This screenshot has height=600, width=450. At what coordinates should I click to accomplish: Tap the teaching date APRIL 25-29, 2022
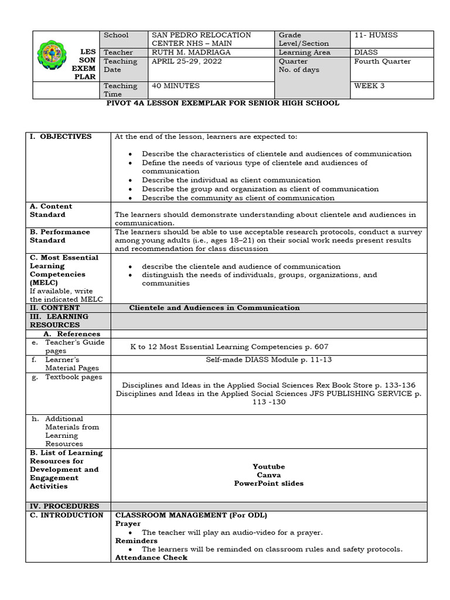point(187,61)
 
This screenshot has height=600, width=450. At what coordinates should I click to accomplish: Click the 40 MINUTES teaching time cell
point(176,86)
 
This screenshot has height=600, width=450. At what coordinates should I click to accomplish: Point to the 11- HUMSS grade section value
point(376,35)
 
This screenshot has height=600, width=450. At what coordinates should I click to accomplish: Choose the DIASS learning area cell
point(366,52)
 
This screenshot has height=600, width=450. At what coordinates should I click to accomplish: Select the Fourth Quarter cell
point(382,61)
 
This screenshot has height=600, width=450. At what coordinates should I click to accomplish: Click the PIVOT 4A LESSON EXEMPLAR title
point(225,103)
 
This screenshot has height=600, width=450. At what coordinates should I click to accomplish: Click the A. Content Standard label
point(50,210)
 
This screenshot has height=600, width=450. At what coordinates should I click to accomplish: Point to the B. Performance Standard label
point(57,236)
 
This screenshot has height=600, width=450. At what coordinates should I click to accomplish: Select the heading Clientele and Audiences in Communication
point(214,308)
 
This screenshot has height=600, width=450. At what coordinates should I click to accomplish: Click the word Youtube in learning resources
point(268,466)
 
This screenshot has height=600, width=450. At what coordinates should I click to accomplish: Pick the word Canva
point(268,475)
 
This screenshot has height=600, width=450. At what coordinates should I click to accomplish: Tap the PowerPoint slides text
point(268,483)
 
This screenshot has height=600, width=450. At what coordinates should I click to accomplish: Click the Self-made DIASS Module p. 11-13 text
point(268,359)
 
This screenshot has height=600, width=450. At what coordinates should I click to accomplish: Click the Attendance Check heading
point(151,558)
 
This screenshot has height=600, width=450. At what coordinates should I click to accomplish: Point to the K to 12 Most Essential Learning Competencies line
point(230,346)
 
